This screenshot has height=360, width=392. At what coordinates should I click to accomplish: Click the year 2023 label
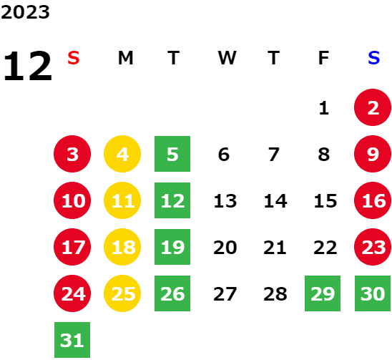pyautogui.click(x=25, y=12)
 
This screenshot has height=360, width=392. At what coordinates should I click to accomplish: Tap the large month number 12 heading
pyautogui.click(x=27, y=66)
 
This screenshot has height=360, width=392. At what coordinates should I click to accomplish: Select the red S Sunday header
pyautogui.click(x=74, y=58)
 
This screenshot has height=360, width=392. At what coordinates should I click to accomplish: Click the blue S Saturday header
pyautogui.click(x=373, y=58)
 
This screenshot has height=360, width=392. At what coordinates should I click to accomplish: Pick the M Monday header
pyautogui.click(x=125, y=58)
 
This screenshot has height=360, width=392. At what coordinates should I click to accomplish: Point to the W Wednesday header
pyautogui.click(x=227, y=58)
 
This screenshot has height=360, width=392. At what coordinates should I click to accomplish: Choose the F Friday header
pyautogui.click(x=323, y=58)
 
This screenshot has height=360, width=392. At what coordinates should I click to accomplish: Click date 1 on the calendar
pyautogui.click(x=324, y=108)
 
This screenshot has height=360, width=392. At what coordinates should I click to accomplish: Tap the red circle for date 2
pyautogui.click(x=373, y=107)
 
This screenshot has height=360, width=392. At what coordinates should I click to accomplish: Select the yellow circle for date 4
pyautogui.click(x=122, y=154)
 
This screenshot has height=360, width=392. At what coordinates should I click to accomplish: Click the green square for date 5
pyautogui.click(x=172, y=154)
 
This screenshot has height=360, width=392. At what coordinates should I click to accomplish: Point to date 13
pyautogui.click(x=225, y=200)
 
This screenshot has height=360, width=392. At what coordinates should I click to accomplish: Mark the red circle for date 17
pyautogui.click(x=72, y=247)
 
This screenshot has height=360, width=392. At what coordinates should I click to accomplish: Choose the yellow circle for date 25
pyautogui.click(x=122, y=293)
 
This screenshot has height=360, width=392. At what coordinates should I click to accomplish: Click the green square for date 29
pyautogui.click(x=323, y=293)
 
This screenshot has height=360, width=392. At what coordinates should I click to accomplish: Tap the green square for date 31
pyautogui.click(x=72, y=340)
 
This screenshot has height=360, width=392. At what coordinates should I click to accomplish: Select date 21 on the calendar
pyautogui.click(x=275, y=247)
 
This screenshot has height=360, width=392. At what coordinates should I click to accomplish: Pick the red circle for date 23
pyautogui.click(x=373, y=247)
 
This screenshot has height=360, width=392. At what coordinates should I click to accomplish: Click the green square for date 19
pyautogui.click(x=172, y=247)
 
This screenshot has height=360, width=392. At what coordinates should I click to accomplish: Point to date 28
pyautogui.click(x=275, y=293)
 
